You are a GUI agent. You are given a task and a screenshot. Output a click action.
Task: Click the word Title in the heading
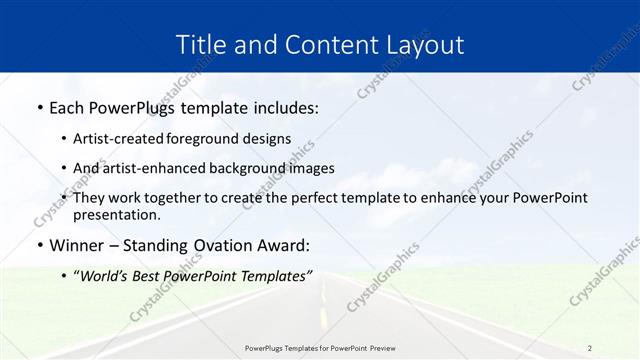click(200, 45)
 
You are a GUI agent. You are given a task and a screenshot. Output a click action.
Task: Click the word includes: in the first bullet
click(280, 106)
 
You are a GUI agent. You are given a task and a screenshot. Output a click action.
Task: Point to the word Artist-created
click(115, 138)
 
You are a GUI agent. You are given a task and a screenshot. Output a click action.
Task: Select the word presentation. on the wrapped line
click(116, 214)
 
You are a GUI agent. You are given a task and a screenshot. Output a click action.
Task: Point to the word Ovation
click(229, 245)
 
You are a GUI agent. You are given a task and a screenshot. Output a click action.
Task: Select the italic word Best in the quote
click(156, 275)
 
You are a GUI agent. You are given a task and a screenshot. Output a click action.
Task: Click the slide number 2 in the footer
click(589, 348)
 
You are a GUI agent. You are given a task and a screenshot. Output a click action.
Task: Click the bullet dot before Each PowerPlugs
click(39, 107)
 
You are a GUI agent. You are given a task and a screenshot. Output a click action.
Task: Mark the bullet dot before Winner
click(39, 246)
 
